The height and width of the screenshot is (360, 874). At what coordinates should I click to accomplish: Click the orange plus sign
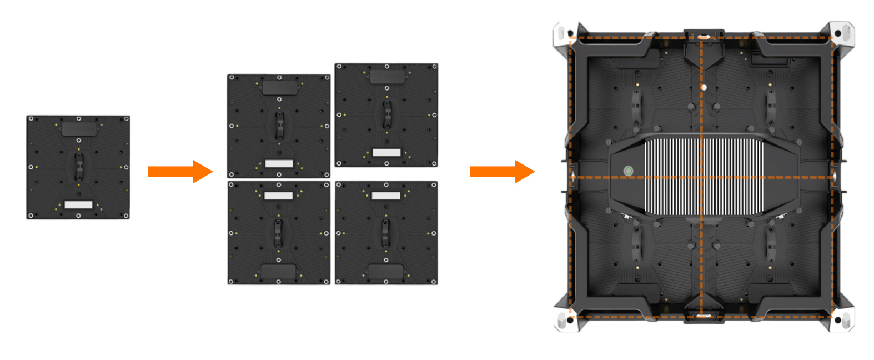pyautogui.click(x=181, y=171)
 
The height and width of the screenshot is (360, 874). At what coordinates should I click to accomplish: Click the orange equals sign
pyautogui.click(x=502, y=172)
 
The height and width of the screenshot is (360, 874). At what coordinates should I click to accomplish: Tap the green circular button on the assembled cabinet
pyautogui.click(x=628, y=171)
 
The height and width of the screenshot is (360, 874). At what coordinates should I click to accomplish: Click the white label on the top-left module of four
pyautogui.click(x=279, y=163)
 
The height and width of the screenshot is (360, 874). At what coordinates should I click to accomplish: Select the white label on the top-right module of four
pyautogui.click(x=386, y=152)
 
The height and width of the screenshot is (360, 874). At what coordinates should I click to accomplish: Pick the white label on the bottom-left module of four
pyautogui.click(x=278, y=196)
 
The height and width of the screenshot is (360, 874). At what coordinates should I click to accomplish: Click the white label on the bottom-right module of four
pyautogui.click(x=386, y=196)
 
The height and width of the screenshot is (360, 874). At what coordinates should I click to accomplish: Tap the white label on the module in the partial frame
pyautogui.click(x=78, y=204)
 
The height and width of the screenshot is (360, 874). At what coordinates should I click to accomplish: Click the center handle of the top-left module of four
pyautogui.click(x=279, y=126)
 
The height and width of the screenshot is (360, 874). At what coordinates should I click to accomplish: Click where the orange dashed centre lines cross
pyautogui.click(x=701, y=177)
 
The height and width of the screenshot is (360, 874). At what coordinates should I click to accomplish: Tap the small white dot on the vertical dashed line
pyautogui.click(x=704, y=87)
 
